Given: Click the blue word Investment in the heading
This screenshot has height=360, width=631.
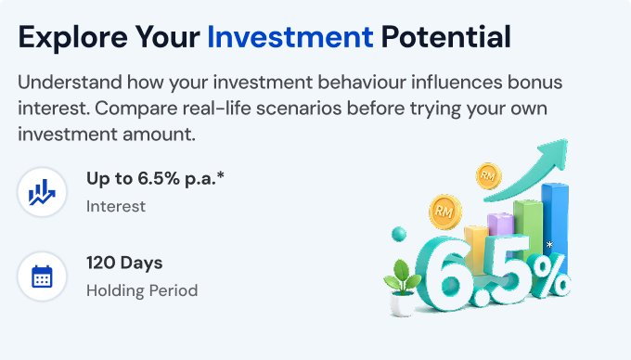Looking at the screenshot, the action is [x=290, y=37].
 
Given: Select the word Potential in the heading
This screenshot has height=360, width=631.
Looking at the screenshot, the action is [x=446, y=37].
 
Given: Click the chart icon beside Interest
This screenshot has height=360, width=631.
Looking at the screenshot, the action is [x=42, y=192].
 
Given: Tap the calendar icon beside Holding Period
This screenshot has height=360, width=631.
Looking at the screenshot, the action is [x=42, y=276].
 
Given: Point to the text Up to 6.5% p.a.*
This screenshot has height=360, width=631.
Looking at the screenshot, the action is [x=155, y=178].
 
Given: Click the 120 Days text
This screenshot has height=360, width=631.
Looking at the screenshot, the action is [x=124, y=263].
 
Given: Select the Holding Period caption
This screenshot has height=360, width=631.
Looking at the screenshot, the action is [x=142, y=290].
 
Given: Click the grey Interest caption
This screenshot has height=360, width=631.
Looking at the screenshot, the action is [x=116, y=206].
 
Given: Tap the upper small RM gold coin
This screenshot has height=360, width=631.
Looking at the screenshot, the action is [x=488, y=175].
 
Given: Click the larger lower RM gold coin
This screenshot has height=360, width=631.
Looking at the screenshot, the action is [x=444, y=212].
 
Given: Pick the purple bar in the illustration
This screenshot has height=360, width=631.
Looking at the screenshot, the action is [x=500, y=225].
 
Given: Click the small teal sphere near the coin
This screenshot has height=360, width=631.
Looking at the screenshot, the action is [x=399, y=234].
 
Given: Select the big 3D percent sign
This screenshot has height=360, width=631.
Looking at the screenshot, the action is [x=549, y=275].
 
